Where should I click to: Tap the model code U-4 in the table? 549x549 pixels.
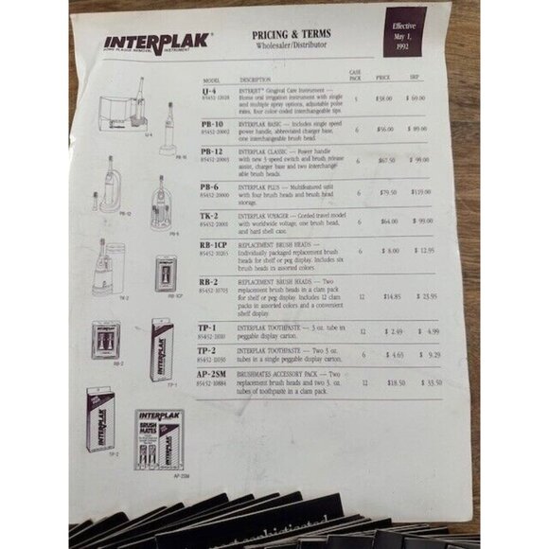[x=209, y=90]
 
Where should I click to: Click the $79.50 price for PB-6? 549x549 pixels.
[x=388, y=192]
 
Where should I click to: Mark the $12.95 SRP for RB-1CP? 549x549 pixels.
[x=424, y=251]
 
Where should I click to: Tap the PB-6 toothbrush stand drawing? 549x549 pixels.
[x=160, y=199]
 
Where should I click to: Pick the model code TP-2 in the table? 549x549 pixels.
[x=209, y=350]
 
